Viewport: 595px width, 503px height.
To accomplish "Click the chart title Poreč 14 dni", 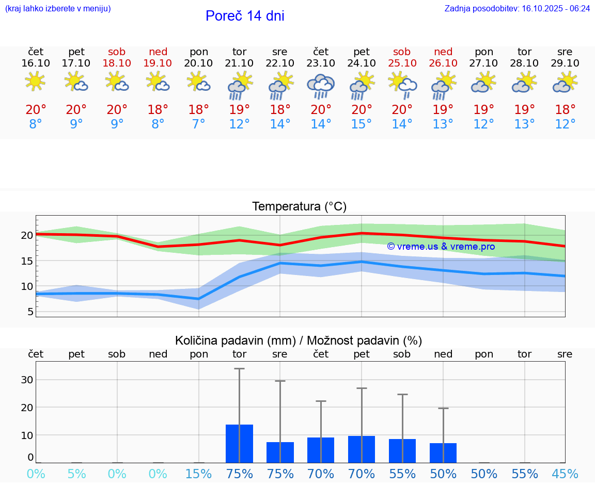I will coord(245,16).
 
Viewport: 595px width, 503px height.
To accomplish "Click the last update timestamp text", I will coord(517,8).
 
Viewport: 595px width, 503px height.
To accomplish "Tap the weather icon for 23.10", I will coord(321,86).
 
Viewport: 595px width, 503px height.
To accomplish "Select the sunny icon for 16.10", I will coord(35,82).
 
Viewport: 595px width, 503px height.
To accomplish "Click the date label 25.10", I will coord(402,63).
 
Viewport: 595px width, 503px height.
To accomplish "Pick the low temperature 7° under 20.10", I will coord(198,124).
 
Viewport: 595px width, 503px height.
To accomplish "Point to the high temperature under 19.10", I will coord(158,109).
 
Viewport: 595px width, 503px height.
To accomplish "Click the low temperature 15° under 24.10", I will coord(362,124).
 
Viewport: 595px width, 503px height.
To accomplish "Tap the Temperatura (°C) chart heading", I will coord(299,206).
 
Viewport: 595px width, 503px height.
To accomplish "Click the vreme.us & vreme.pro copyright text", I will coord(441,247).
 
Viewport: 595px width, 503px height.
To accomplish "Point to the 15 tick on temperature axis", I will coord(26,261).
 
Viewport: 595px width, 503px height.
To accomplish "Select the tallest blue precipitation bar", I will coord(239,443).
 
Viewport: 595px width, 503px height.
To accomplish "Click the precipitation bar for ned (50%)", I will coord(443,452).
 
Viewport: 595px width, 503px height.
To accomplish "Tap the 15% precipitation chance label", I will coord(198,474).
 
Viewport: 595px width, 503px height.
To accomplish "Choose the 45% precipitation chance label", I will coord(565,474).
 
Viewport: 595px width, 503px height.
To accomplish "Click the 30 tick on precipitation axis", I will coord(27,380).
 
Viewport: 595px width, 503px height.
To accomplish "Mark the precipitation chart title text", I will coord(299,340).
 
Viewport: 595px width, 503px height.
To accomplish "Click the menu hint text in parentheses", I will coord(58,8).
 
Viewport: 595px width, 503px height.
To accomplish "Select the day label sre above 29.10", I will coord(565,52).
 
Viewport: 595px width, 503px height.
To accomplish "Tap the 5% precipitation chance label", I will coord(76,474).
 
